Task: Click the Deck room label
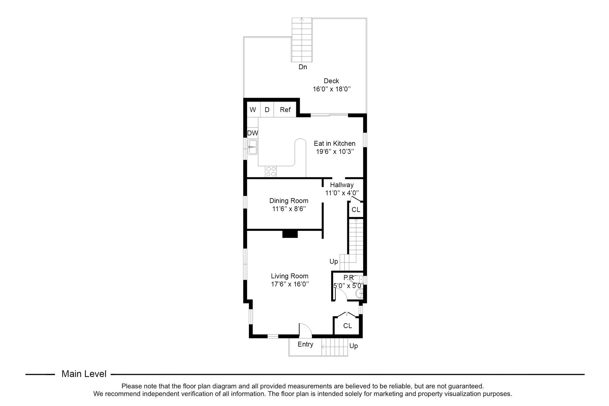[x=331, y=81]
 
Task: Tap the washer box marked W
[x=253, y=110]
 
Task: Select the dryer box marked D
[x=267, y=110]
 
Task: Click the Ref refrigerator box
[x=285, y=110]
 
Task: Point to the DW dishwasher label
[x=253, y=133]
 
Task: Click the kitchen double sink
[x=253, y=147]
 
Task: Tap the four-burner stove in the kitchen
[x=271, y=171]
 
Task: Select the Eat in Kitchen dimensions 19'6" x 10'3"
[x=335, y=151]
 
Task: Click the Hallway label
[x=342, y=185]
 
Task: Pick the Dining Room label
[x=289, y=201]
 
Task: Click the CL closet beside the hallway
[x=356, y=210]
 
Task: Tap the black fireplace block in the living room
[x=290, y=234]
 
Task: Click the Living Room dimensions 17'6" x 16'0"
[x=290, y=285]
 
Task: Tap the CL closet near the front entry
[x=348, y=326]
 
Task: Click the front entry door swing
[x=305, y=329]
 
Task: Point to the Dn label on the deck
[x=303, y=67]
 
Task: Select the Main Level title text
[x=84, y=374]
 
